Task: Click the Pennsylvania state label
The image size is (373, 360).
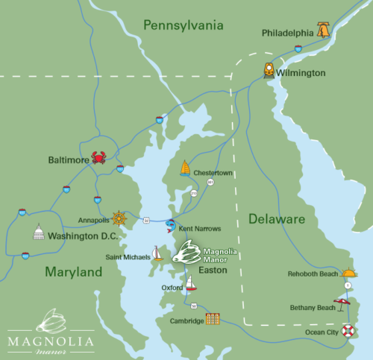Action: tap(184, 25)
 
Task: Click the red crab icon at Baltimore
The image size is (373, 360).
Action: tap(98, 157)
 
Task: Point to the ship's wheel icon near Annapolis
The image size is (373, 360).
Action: tap(119, 219)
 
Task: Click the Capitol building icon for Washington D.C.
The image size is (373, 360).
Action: tap(39, 233)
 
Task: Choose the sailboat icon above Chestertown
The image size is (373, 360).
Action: tap(185, 168)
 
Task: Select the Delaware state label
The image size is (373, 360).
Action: tap(276, 219)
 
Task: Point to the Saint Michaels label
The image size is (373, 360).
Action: tap(128, 257)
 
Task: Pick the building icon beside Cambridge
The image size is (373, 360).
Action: tap(213, 319)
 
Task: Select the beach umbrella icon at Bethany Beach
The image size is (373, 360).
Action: tap(342, 304)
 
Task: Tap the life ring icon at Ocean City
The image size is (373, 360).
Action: tap(348, 330)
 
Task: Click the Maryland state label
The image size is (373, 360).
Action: tap(73, 273)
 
